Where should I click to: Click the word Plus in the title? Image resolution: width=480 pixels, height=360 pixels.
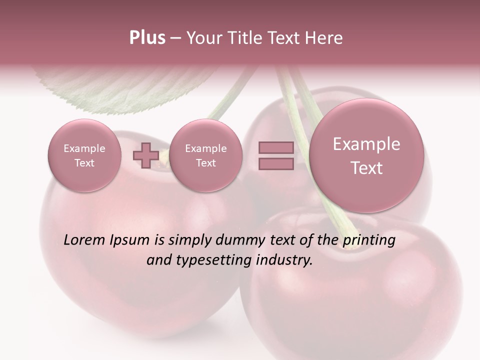(x=147, y=38)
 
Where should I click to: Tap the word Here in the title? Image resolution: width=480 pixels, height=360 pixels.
(x=324, y=38)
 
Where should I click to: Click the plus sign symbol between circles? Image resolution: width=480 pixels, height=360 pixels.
(x=145, y=155)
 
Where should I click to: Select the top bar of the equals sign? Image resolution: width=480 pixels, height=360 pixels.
(x=276, y=148)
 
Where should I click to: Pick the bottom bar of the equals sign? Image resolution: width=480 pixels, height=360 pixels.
(x=276, y=164)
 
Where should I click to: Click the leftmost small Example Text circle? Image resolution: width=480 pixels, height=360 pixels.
(x=84, y=155)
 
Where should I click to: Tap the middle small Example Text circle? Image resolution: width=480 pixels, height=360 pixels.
(x=205, y=155)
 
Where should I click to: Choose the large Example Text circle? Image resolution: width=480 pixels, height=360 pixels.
(x=366, y=155)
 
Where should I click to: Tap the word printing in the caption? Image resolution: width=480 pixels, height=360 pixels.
(x=368, y=240)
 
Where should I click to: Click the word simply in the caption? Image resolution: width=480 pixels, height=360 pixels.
(x=190, y=240)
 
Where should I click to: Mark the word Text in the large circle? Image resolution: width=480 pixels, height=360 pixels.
(x=366, y=168)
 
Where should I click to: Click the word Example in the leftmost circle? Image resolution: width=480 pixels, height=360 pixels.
(x=84, y=148)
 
